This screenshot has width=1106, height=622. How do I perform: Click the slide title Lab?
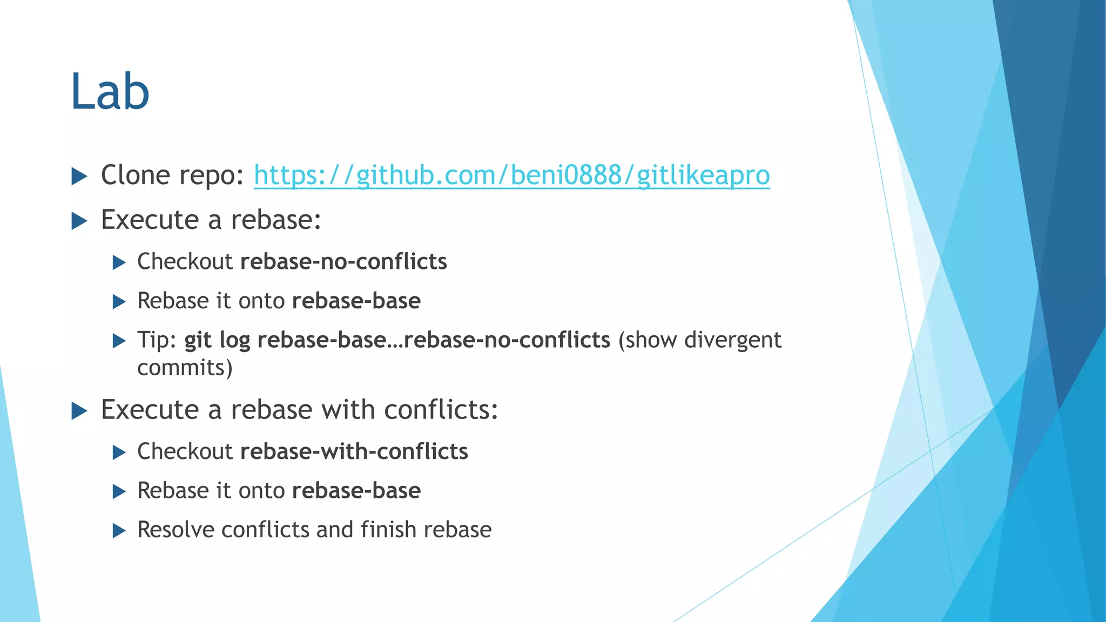110,91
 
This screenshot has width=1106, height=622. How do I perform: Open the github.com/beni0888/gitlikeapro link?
511,175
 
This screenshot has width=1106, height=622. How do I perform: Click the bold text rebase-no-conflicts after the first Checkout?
343,261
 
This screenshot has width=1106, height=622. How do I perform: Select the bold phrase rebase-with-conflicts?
354,451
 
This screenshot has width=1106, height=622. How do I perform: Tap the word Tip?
157,340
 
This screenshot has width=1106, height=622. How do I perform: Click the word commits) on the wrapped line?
185,368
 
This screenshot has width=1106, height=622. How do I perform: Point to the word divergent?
732,340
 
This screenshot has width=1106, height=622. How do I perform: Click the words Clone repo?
172,175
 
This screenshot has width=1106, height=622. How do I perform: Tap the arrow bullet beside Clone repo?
79,176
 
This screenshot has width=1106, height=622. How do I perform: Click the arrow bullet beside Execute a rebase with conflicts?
79,411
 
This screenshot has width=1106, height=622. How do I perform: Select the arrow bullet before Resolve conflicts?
119,531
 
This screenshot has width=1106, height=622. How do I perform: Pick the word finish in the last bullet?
388,530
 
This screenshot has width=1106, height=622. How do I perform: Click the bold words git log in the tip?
217,340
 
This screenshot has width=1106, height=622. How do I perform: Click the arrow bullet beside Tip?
119,341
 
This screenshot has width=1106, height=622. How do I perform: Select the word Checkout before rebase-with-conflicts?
185,451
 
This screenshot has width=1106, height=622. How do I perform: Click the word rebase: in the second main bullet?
275,220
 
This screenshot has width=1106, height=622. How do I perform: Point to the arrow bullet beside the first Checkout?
119,263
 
